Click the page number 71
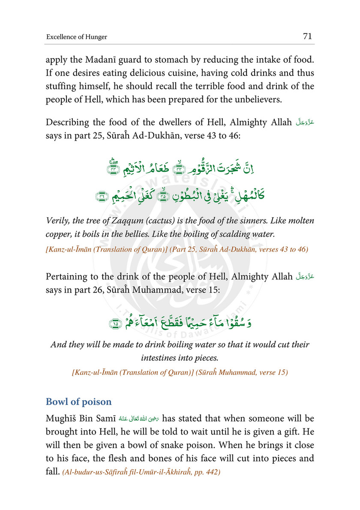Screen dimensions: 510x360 click(307, 36)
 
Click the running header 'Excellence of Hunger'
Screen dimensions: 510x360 click(77, 37)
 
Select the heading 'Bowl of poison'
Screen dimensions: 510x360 click(78, 402)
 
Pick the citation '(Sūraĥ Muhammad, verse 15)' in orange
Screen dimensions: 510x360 click(242, 372)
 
